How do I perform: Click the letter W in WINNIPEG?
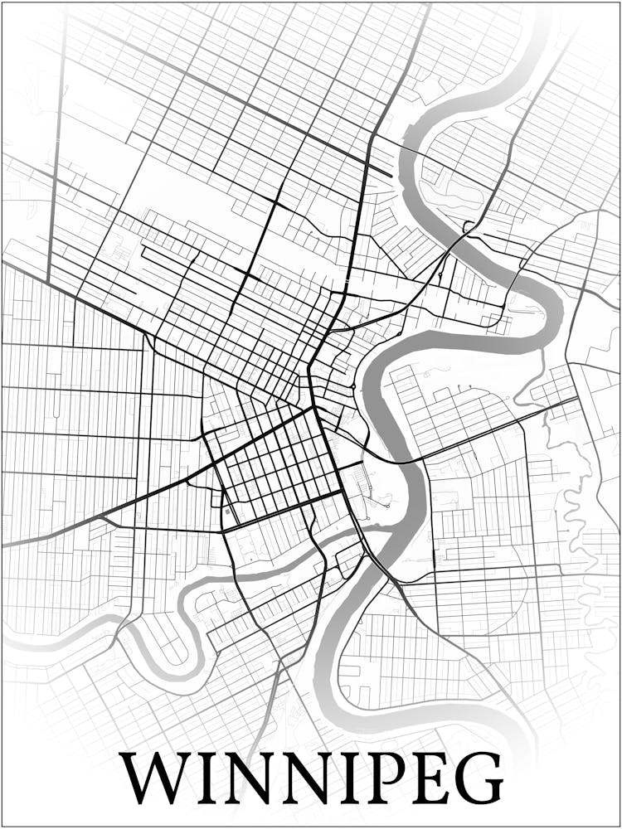pos(157,779)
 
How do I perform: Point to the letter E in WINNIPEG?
pos(424,779)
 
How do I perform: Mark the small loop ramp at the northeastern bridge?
pos(469,225)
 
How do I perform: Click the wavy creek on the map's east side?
pos(572,497)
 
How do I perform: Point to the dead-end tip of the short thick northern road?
pos(391,175)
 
